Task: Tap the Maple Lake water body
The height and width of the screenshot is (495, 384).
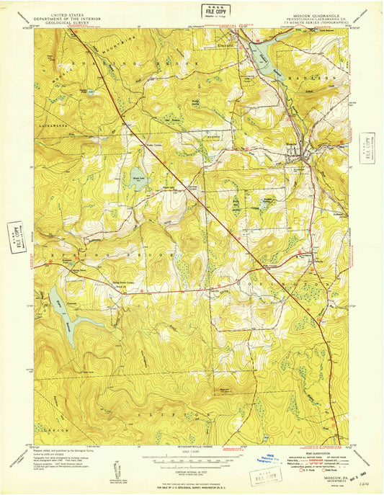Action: pyautogui.click(x=138, y=182)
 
